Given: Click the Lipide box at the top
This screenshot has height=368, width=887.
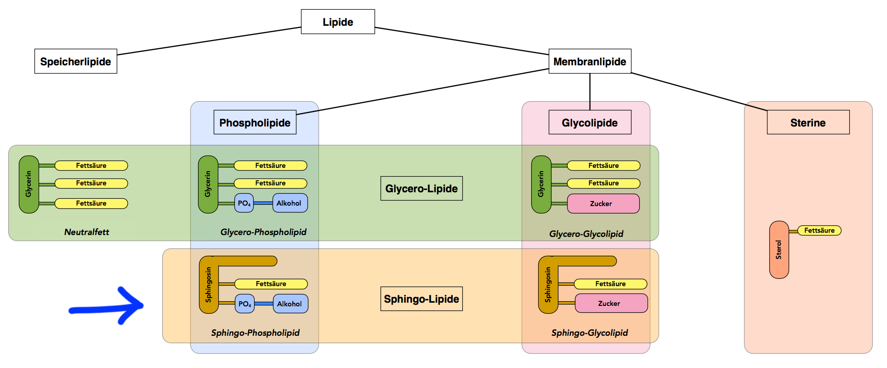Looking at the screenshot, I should (338, 22).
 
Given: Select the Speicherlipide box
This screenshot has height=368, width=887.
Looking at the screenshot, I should (76, 61).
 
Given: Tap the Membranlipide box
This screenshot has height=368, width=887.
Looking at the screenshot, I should (590, 61).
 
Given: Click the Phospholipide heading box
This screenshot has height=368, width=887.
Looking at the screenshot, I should (255, 122).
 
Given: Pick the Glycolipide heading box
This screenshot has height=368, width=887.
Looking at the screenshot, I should (590, 122).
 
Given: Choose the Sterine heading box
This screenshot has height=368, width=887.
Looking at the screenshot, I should (808, 122).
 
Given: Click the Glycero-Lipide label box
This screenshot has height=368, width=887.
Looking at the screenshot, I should (421, 189).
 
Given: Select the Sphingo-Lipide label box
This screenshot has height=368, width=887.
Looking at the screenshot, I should (421, 299).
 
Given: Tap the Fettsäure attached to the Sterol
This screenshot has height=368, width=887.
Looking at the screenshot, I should (819, 230).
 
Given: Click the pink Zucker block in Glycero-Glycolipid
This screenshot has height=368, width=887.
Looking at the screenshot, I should (603, 204).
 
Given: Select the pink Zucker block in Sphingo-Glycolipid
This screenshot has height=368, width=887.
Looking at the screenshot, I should (611, 304).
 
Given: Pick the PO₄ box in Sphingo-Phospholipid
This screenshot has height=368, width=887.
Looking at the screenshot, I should (244, 304).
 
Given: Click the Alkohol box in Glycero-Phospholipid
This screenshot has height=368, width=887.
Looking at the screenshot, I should (290, 203).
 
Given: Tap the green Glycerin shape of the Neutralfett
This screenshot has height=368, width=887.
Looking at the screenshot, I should (28, 184).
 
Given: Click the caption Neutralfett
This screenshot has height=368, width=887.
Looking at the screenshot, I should (86, 232).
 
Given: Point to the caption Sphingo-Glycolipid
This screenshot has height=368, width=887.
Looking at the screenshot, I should (590, 333).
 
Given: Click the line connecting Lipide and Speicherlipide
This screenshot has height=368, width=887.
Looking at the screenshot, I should (209, 41).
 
